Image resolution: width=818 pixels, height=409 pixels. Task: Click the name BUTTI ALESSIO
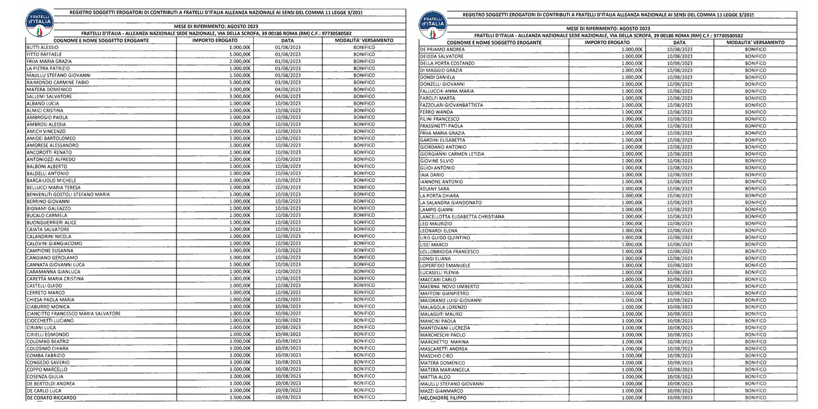coord(43,47)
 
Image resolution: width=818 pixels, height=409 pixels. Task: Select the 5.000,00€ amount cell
coord(240,83)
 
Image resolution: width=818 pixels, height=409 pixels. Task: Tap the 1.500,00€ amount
coord(240,76)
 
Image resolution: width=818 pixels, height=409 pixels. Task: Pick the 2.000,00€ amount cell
coord(240,61)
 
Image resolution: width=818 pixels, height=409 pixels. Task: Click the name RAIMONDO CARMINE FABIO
coord(58,83)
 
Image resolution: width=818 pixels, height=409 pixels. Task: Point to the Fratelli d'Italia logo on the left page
coord(39,23)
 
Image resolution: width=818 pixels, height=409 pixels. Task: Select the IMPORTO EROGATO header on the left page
coord(215,40)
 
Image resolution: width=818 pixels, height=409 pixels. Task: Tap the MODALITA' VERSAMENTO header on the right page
coord(755,43)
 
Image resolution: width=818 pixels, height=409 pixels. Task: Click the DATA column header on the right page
coord(679,43)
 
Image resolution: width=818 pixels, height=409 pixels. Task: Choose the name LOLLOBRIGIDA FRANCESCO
coord(449,252)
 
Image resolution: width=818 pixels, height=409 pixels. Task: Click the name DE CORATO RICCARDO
coord(52,398)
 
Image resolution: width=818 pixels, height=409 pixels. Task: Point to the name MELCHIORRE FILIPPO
coord(443,398)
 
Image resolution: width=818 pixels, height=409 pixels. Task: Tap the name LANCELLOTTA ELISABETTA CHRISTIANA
coord(462,217)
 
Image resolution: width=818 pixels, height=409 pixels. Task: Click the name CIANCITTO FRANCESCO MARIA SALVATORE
coord(74,314)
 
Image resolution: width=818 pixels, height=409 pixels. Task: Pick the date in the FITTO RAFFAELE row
coord(288,54)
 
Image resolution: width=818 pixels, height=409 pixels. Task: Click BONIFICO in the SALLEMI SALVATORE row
coord(364,97)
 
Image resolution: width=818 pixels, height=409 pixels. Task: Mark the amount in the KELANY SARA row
coord(632,189)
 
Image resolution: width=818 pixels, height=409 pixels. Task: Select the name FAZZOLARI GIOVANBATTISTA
coord(452,105)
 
